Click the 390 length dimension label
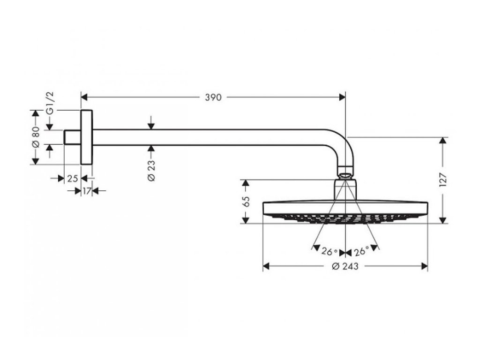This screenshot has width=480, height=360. tap(213, 97)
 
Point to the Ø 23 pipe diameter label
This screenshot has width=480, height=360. tap(151, 170)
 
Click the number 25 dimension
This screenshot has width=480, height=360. tap(72, 179)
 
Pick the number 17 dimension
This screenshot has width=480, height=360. tap(86, 191)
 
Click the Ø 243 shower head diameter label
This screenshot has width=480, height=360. tap(345, 267)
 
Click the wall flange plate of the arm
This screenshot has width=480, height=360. tap(87, 137)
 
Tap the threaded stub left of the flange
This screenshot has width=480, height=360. tap(72, 137)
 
